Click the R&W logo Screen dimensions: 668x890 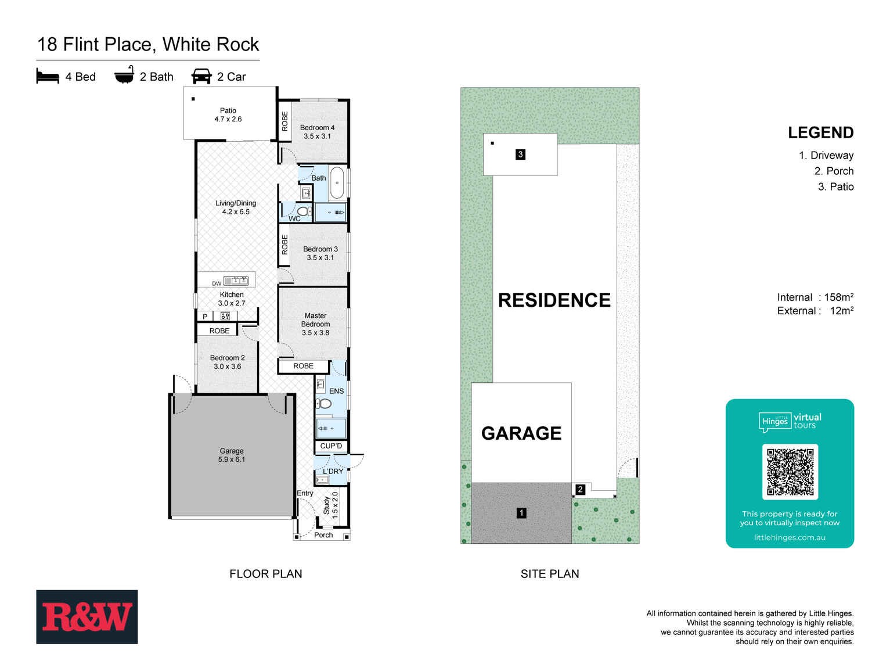pos(87,616)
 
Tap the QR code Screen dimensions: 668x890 pos(790,472)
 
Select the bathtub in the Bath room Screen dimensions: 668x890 pos(337,183)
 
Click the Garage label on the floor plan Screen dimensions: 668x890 pos(232,455)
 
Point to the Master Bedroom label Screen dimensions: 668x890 pos(315,324)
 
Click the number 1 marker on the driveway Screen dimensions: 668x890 pos(521,513)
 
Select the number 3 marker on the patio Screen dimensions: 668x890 pos(520,155)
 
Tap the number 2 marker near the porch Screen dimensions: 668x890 pos(580,490)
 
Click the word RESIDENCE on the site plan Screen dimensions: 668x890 pos(554,300)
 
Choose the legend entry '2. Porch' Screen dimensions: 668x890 pos(834,171)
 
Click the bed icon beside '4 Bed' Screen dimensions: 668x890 pos(48,77)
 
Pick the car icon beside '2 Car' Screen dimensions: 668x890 pos(201,77)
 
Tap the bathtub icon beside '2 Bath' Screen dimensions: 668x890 pos(124,76)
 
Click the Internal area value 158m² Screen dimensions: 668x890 pos(838,297)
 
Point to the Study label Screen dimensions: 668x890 pos(326,505)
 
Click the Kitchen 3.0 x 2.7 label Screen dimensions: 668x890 pos(232,299)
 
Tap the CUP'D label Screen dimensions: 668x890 pos(331,446)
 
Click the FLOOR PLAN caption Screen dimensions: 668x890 pos(265,574)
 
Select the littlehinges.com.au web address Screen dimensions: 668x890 pos(790,537)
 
